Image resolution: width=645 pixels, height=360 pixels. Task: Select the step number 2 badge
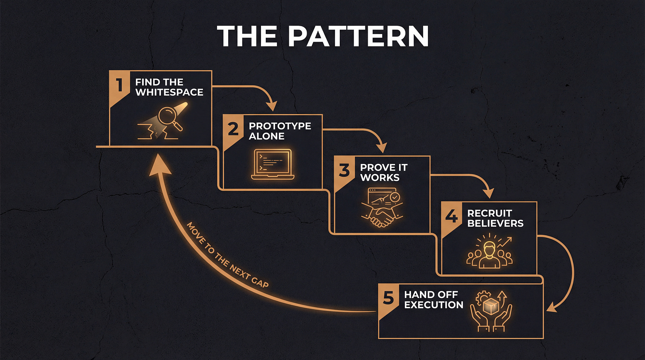pyautogui.click(x=233, y=128)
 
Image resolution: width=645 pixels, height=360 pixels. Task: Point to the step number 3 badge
pyautogui.click(x=344, y=170)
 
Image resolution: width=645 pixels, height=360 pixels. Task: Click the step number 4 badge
pyautogui.click(x=451, y=216)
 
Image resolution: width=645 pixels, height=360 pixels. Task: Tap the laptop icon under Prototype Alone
pyautogui.click(x=272, y=164)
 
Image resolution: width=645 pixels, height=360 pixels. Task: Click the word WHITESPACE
pyautogui.click(x=169, y=92)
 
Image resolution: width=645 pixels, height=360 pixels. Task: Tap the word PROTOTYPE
pyautogui.click(x=280, y=126)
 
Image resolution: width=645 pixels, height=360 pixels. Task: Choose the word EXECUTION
pyautogui.click(x=433, y=305)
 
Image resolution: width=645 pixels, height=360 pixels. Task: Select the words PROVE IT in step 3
pyautogui.click(x=383, y=167)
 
